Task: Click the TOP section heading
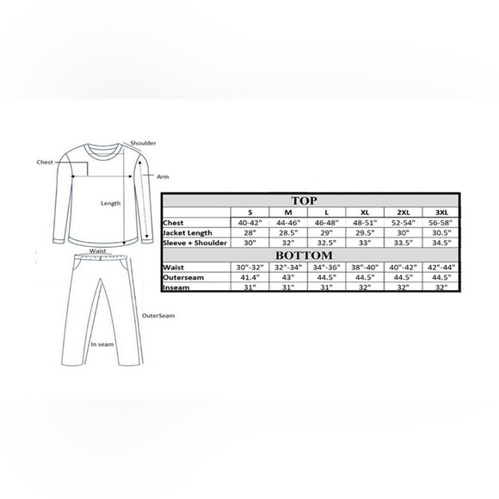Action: coord(304,200)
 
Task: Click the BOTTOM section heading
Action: coord(304,256)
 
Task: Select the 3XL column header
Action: coord(441,213)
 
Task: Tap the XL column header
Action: coord(365,213)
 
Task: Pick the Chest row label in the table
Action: coord(173,223)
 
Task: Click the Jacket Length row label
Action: coord(188,233)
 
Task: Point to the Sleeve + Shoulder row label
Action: coord(194,243)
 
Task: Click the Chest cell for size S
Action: coord(250,223)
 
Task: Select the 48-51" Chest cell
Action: coord(365,223)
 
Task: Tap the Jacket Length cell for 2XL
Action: coord(403,233)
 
